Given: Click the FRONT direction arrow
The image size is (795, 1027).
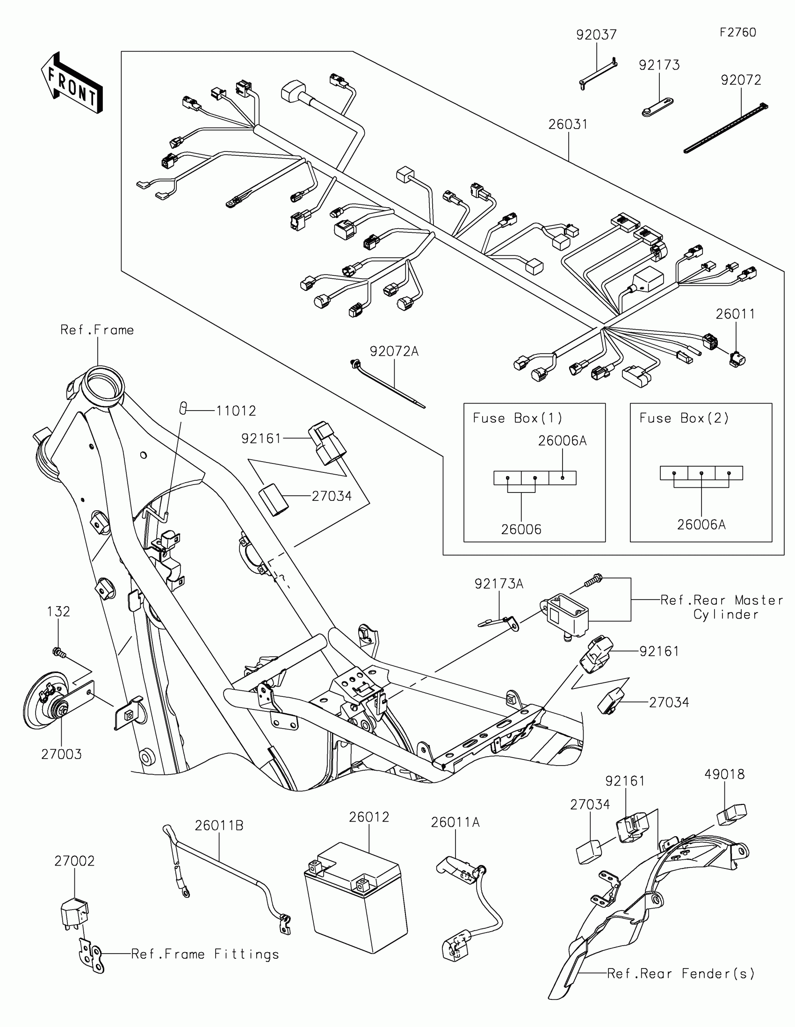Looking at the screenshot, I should (72, 84).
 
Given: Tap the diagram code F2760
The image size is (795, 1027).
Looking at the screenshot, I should (737, 32).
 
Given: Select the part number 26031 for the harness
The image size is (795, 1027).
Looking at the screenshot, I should (568, 124).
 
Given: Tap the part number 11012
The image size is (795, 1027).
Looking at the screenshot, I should (236, 411).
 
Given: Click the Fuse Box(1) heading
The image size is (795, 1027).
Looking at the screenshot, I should (517, 418).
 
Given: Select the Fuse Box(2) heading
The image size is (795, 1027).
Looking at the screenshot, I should (684, 418).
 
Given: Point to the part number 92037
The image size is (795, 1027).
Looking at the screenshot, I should (596, 35).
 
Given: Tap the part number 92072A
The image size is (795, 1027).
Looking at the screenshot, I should (393, 351).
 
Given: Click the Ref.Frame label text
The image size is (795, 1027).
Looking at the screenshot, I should (97, 330).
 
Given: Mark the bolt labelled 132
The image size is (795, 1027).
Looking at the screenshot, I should (59, 652).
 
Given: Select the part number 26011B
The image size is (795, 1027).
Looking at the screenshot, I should (219, 825).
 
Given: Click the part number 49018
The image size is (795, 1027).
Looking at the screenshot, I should (724, 774).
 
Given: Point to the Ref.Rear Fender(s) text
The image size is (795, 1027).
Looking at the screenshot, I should (680, 973).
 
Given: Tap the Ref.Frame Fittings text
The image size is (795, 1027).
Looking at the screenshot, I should (205, 954).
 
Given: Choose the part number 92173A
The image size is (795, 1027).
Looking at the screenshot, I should (499, 584).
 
